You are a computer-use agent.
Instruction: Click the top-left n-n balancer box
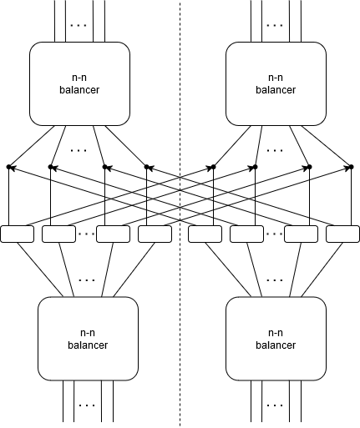coord(79,83)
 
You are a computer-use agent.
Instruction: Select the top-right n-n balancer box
coord(276,83)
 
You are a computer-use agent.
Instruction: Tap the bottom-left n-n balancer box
coord(88,339)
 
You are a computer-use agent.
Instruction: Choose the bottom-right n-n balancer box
coord(276,339)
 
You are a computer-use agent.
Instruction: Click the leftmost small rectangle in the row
coord(18,234)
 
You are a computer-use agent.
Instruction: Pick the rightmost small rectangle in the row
coord(342,234)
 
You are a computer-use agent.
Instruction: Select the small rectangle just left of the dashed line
coord(155,234)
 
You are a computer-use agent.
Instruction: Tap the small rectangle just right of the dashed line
coord(205,234)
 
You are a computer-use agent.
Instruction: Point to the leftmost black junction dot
coord(9,167)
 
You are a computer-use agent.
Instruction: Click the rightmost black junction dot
coord(352,167)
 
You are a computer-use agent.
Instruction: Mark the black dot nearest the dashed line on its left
coord(147,167)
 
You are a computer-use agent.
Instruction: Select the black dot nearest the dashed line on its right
coord(214,167)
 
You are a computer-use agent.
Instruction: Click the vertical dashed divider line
coord(180,214)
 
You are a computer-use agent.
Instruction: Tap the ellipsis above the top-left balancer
coord(79,25)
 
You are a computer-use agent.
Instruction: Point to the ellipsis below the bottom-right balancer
coord(275,405)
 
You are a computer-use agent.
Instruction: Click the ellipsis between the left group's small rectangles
coord(86,234)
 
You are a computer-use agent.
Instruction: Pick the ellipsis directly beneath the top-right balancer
coord(275,150)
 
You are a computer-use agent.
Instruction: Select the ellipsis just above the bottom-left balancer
coord(87,280)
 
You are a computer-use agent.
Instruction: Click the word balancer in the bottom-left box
coord(88,345)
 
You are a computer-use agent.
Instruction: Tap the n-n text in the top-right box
coord(276,78)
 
